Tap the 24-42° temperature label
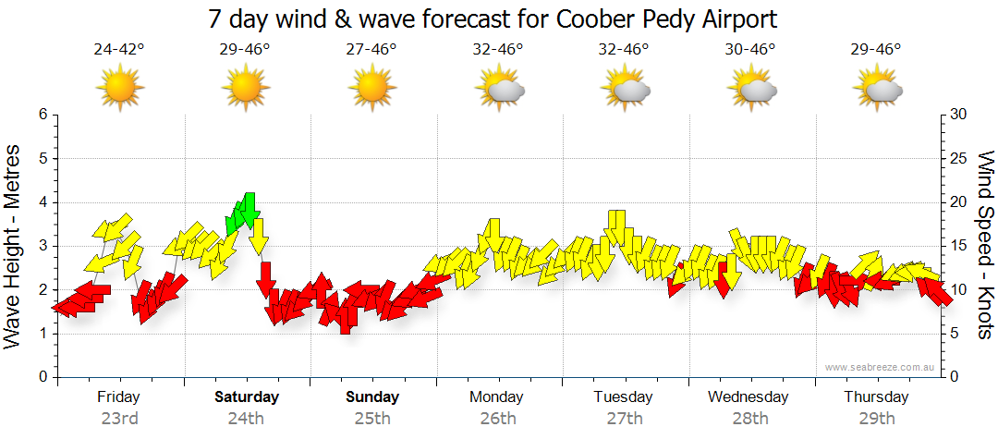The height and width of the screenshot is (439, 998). (119, 50)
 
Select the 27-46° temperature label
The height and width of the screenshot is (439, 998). (371, 50)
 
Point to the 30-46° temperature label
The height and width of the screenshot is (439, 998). (750, 50)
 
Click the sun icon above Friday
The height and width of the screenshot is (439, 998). (120, 88)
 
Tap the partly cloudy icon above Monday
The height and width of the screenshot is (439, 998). (499, 89)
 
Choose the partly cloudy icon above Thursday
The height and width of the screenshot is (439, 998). (877, 89)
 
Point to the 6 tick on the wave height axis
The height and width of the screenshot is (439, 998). (42, 115)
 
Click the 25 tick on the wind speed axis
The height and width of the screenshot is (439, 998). (959, 159)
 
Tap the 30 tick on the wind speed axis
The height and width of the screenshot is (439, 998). (959, 115)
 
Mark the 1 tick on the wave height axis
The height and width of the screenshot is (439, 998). (42, 334)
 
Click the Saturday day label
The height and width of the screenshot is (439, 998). (246, 397)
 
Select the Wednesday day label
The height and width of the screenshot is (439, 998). (748, 397)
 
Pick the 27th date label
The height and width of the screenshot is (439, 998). (625, 419)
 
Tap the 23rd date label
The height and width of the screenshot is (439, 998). (119, 419)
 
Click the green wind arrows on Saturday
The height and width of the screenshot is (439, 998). (242, 214)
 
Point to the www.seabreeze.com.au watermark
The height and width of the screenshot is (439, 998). (882, 368)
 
